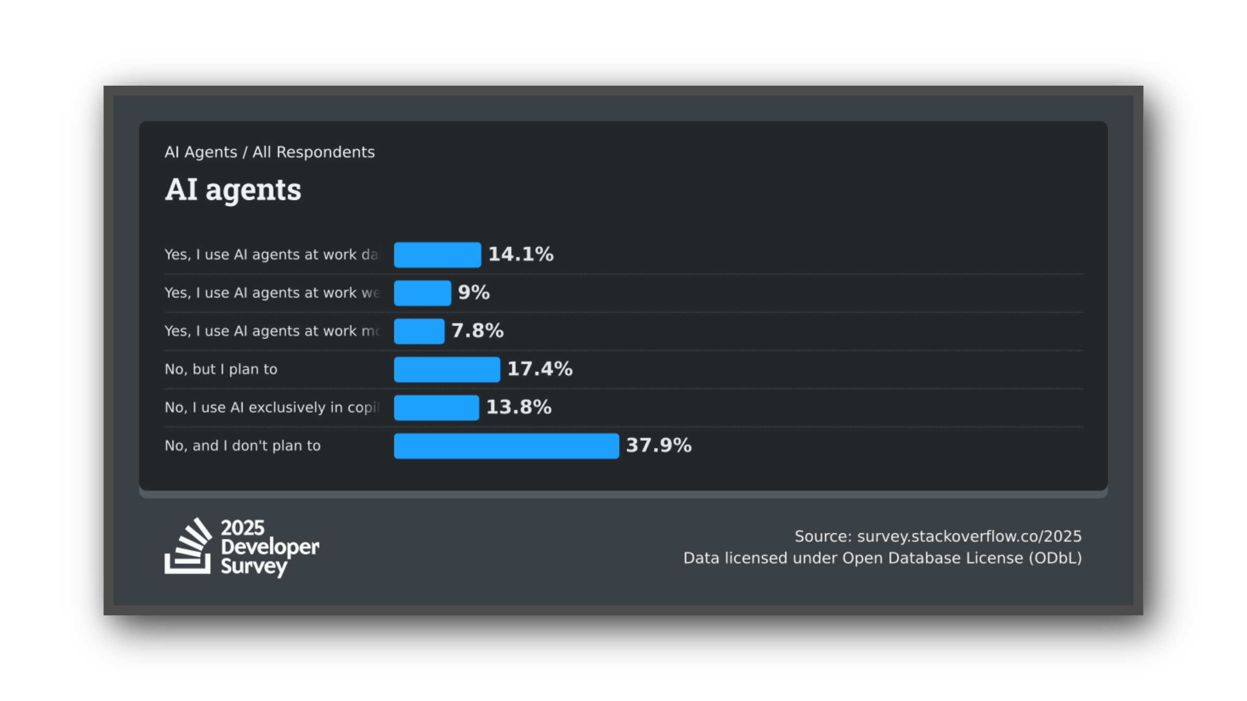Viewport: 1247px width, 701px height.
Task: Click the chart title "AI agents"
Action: [x=233, y=190]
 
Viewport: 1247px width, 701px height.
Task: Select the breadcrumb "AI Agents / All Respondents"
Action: [x=269, y=152]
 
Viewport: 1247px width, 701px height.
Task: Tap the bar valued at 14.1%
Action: [x=437, y=255]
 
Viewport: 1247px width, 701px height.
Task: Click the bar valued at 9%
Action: [x=422, y=293]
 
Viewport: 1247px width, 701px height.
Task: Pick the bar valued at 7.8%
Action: [x=419, y=331]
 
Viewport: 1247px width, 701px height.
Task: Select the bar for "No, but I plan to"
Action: [x=447, y=370]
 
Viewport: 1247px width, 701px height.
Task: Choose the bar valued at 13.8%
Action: [x=436, y=408]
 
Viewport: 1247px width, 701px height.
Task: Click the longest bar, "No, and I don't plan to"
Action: [x=507, y=446]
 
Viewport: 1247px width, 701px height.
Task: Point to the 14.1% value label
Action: [x=521, y=254]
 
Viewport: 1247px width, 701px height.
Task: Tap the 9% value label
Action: [x=473, y=293]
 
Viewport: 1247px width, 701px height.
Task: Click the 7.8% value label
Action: [x=477, y=331]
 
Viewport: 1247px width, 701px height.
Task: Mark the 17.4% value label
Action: [x=540, y=369]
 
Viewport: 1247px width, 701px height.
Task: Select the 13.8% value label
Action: [x=519, y=408]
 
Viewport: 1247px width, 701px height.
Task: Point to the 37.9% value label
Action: [x=658, y=446]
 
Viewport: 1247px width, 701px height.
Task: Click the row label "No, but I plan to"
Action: [x=221, y=369]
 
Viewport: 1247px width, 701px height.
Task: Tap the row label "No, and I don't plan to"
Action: [x=243, y=446]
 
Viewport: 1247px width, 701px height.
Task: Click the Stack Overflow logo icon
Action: [x=188, y=546]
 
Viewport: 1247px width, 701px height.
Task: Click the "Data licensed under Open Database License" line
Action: [x=882, y=558]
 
